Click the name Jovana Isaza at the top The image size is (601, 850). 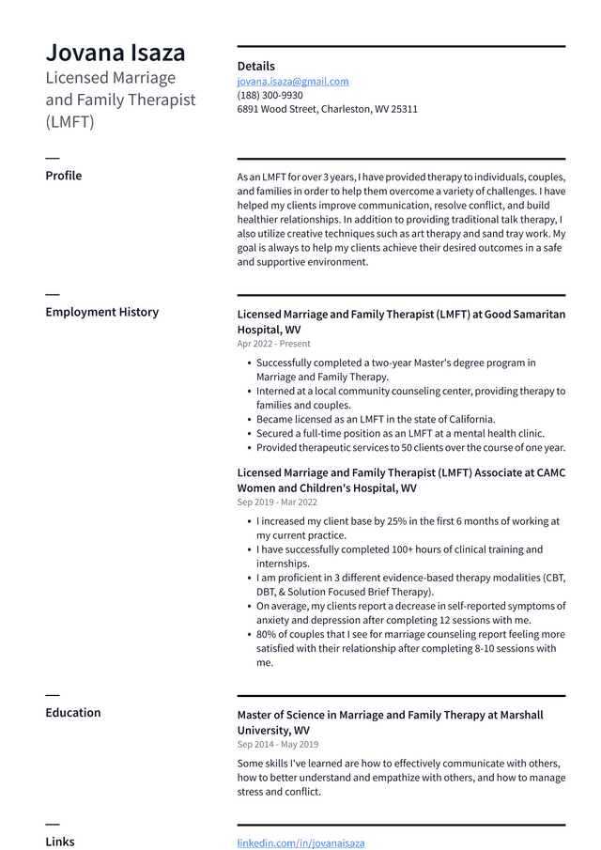tap(116, 53)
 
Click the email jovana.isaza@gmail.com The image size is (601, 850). tap(292, 82)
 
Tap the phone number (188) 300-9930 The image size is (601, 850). tap(270, 96)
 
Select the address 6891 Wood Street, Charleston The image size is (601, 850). tap(327, 109)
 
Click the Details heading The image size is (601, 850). tap(255, 67)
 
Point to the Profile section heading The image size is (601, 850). tap(63, 176)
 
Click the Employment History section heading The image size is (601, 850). tap(101, 312)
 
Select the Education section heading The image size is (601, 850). tap(72, 713)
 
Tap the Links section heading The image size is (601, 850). tap(59, 842)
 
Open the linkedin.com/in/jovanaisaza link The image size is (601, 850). tap(300, 843)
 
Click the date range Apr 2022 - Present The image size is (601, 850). tap(273, 344)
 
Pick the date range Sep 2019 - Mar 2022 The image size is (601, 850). tap(277, 502)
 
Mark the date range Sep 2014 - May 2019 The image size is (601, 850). tap(277, 744)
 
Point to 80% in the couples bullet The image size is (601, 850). tap(267, 634)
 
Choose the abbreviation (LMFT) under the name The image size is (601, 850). tap(69, 122)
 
